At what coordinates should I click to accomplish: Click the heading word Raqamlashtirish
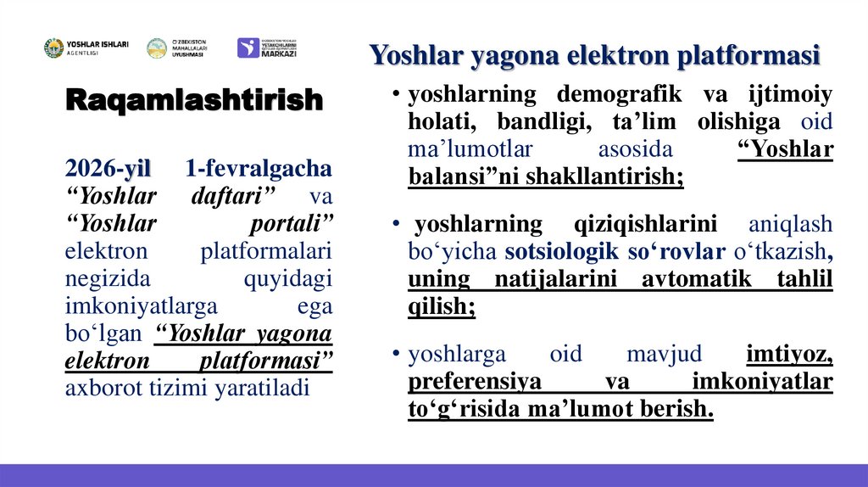click(194, 100)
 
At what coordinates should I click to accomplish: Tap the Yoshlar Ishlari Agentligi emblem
click(53, 48)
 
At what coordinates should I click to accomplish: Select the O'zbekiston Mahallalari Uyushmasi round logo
click(157, 48)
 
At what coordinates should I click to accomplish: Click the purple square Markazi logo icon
click(248, 48)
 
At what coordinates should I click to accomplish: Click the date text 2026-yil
click(108, 169)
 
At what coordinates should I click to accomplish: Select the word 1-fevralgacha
click(258, 169)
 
